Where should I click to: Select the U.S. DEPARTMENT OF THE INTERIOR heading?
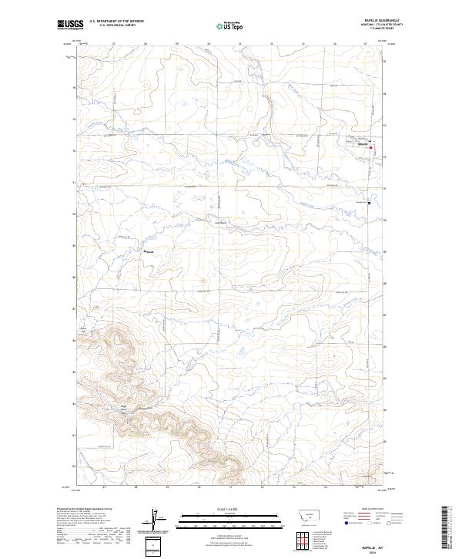[x=116, y=22]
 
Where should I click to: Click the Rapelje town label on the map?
[x=363, y=143]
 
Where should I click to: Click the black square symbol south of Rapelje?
[x=369, y=204]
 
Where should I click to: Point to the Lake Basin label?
[x=219, y=224]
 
